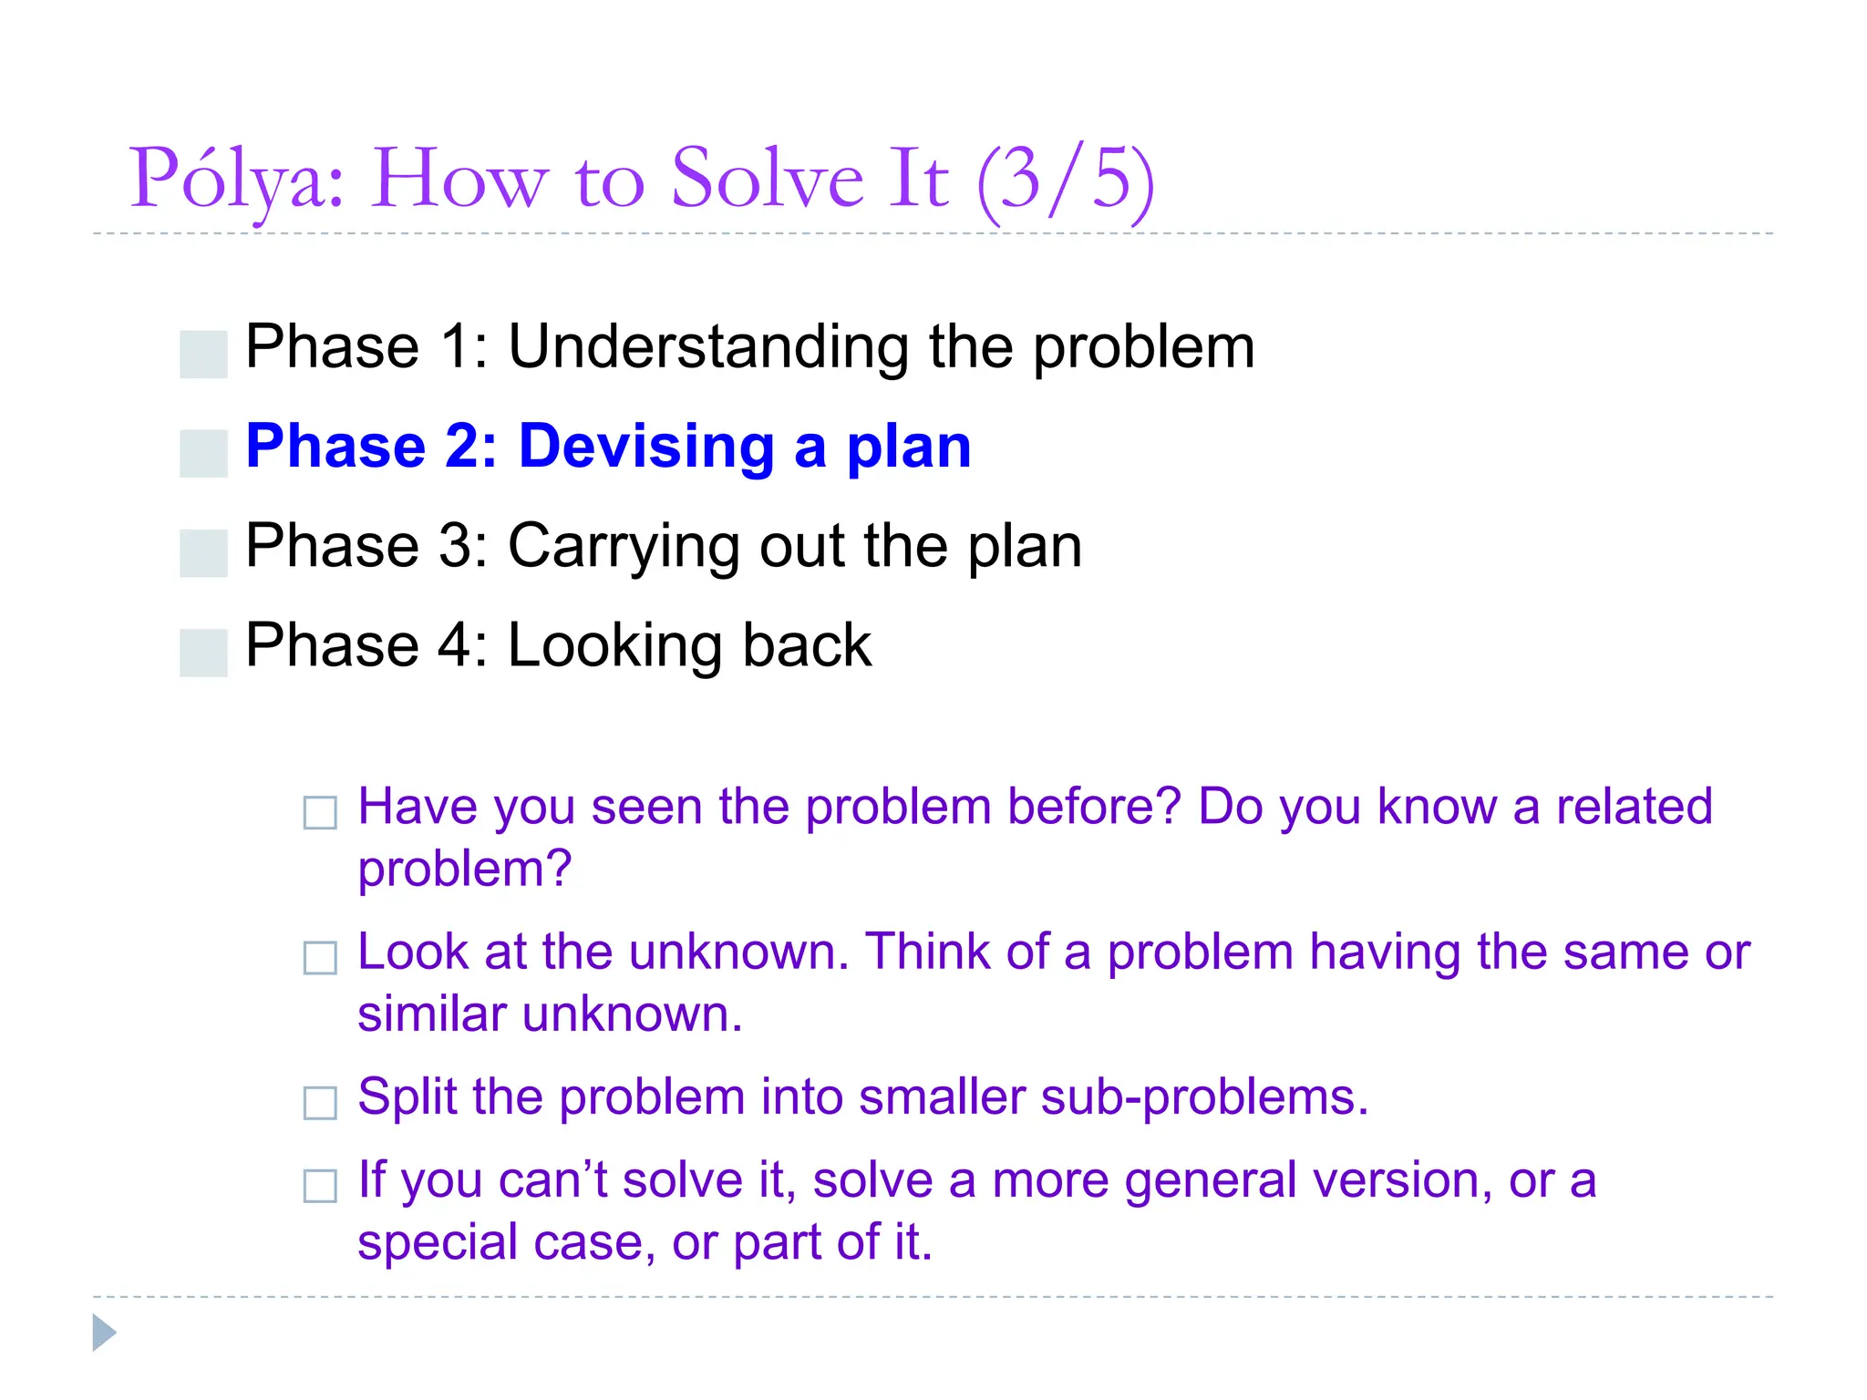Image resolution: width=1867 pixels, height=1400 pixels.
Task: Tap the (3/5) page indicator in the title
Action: click(x=1065, y=180)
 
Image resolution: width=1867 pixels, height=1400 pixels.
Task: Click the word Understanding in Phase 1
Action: click(x=707, y=347)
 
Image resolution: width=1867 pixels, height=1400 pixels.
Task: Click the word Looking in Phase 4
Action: click(x=616, y=645)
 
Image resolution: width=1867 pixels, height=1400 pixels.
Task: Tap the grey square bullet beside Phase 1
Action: click(x=203, y=354)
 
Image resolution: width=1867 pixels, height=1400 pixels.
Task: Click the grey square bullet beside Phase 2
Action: click(x=203, y=453)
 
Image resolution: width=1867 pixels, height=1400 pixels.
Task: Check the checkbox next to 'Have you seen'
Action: click(x=320, y=812)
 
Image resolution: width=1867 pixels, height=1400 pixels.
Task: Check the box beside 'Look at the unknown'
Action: click(x=320, y=958)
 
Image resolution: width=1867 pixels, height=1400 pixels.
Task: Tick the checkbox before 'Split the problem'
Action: click(x=320, y=1103)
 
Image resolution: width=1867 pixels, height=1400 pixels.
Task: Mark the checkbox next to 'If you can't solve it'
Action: click(x=320, y=1186)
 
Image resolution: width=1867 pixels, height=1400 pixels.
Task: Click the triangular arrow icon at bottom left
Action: click(x=103, y=1333)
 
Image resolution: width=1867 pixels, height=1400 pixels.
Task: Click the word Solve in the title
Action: click(x=767, y=180)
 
